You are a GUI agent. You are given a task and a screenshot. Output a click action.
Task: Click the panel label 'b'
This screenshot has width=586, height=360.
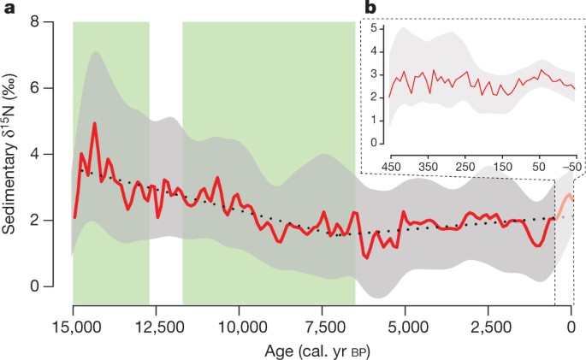click(370, 8)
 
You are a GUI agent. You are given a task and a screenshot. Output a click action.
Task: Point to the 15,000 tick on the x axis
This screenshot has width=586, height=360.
click(73, 325)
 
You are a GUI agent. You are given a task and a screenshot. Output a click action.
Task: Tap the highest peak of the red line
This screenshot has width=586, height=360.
click(94, 123)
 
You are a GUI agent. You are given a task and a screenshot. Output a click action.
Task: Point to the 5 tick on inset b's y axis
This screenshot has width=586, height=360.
click(373, 30)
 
